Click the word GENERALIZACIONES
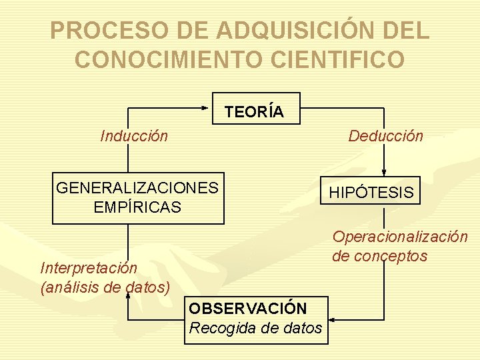(137, 188)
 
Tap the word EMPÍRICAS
(137, 207)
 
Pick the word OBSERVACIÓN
(248, 309)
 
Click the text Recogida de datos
(256, 328)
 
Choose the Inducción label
(134, 137)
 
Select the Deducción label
(386, 136)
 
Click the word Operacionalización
(400, 237)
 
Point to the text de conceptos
(379, 256)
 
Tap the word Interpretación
(89, 268)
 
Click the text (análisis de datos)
(105, 287)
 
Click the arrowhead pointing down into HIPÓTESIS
(384, 171)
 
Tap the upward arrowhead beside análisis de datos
(128, 296)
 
